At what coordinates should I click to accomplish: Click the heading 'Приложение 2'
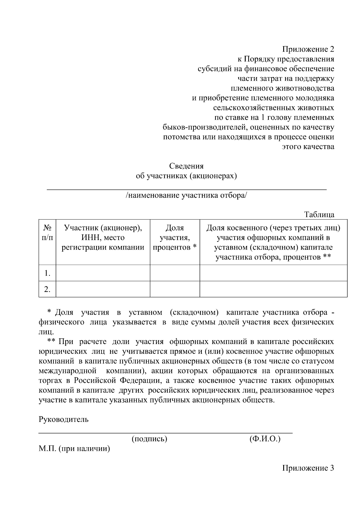point(308,49)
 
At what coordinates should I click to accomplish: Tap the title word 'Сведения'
point(186,166)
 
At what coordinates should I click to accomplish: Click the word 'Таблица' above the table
point(319,215)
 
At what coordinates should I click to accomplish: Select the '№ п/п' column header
point(47,233)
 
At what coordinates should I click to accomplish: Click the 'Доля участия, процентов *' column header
point(175,238)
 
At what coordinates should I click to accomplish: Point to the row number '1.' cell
point(47,273)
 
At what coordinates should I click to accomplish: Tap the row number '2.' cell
point(47,289)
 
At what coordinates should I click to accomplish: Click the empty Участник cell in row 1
point(103,273)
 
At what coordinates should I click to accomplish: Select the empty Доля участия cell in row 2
point(175,289)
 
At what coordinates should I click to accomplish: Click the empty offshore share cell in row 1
point(273,273)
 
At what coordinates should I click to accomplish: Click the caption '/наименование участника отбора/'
point(186,196)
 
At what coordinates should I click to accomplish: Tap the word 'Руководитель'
point(64,419)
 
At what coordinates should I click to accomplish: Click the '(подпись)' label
point(149,439)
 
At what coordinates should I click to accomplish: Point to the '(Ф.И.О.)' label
point(265,439)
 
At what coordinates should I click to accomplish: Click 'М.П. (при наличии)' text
point(74,449)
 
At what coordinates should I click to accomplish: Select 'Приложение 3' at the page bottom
point(308,468)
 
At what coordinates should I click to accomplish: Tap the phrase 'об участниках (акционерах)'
point(186,176)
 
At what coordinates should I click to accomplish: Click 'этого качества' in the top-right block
point(308,147)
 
